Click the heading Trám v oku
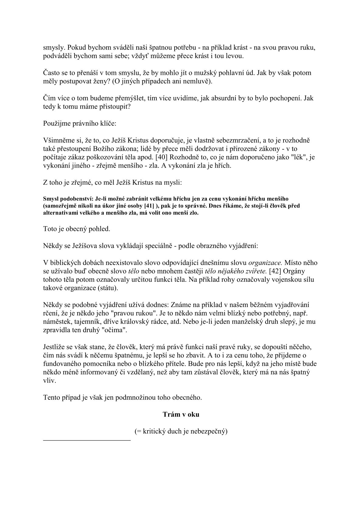click(x=181, y=414)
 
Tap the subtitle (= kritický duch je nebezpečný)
click(x=181, y=431)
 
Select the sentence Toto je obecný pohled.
click(x=77, y=229)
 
